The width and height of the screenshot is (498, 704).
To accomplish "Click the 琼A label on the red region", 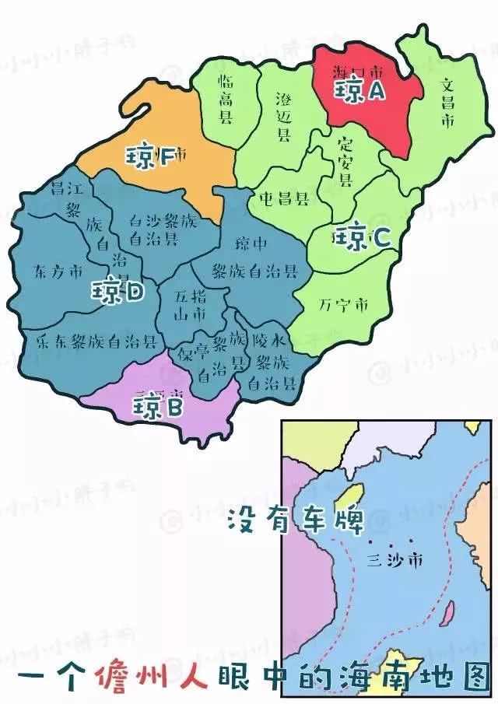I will point(360,92).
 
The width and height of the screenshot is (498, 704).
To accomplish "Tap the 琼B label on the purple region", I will point(157,406).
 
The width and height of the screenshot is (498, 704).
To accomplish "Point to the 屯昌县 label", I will point(284,199).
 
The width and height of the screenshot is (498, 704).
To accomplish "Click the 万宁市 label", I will point(342,304).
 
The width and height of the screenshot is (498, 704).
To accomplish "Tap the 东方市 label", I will point(58,273).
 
